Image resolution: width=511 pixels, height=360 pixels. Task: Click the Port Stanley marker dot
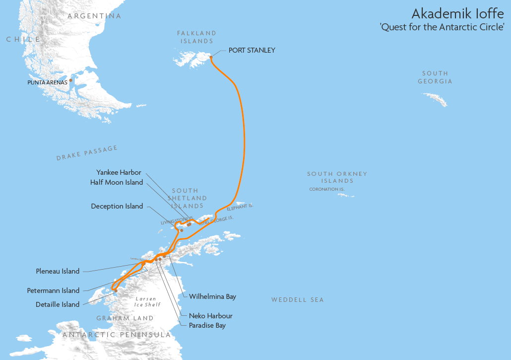pos(211,57)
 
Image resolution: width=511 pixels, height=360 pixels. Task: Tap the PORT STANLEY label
pos(252,50)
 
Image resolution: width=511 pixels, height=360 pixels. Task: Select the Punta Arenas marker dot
pos(70,80)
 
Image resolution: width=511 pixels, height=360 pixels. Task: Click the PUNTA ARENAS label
pos(47,82)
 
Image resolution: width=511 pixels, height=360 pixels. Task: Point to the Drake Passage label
pos(87,153)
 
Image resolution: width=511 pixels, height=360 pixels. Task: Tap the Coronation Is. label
pos(326,189)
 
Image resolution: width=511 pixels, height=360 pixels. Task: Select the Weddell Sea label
pos(297,300)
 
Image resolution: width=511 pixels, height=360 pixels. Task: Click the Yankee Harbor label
pos(119,172)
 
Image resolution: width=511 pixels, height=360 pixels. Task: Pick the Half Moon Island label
pos(117,182)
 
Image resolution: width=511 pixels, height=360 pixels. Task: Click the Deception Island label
pos(117,206)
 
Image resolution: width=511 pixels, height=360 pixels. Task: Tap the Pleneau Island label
pos(58,271)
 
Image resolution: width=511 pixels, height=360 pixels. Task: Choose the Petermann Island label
pos(53,290)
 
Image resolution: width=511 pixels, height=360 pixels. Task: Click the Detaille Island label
pos(58,304)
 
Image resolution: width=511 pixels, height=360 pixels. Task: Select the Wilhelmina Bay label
pos(212,296)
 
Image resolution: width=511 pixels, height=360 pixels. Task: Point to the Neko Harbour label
pos(210,316)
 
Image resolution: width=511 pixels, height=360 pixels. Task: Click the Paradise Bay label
pos(207,325)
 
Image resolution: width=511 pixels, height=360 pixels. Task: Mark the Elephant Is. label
pos(240,208)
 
